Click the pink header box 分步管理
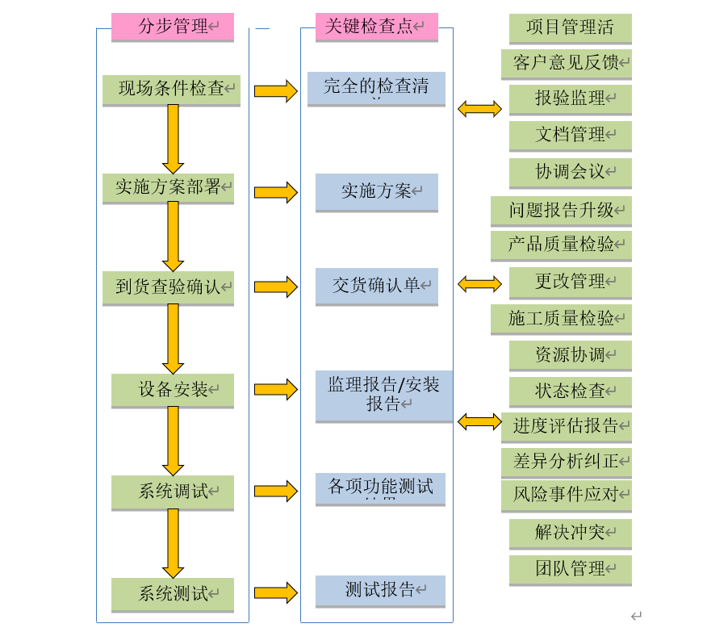pyautogui.click(x=173, y=27)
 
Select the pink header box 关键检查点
pyautogui.click(x=376, y=27)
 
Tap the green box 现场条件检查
pyautogui.click(x=171, y=89)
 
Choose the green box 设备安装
pyautogui.click(x=173, y=390)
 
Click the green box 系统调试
pyautogui.click(x=173, y=491)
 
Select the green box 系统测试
pyautogui.click(x=173, y=593)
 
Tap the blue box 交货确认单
pyautogui.click(x=376, y=285)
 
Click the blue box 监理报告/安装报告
pyautogui.click(x=383, y=395)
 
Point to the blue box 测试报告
pyautogui.click(x=380, y=590)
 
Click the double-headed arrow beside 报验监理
pyautogui.click(x=479, y=108)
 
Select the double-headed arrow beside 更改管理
pyautogui.click(x=479, y=283)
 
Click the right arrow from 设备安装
pyautogui.click(x=275, y=389)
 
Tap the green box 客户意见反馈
pyautogui.click(x=570, y=63)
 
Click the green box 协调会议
pyautogui.click(x=570, y=172)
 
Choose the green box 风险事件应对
pyautogui.click(x=566, y=494)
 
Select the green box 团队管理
pyautogui.click(x=570, y=569)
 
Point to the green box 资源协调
pyautogui.click(x=570, y=354)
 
